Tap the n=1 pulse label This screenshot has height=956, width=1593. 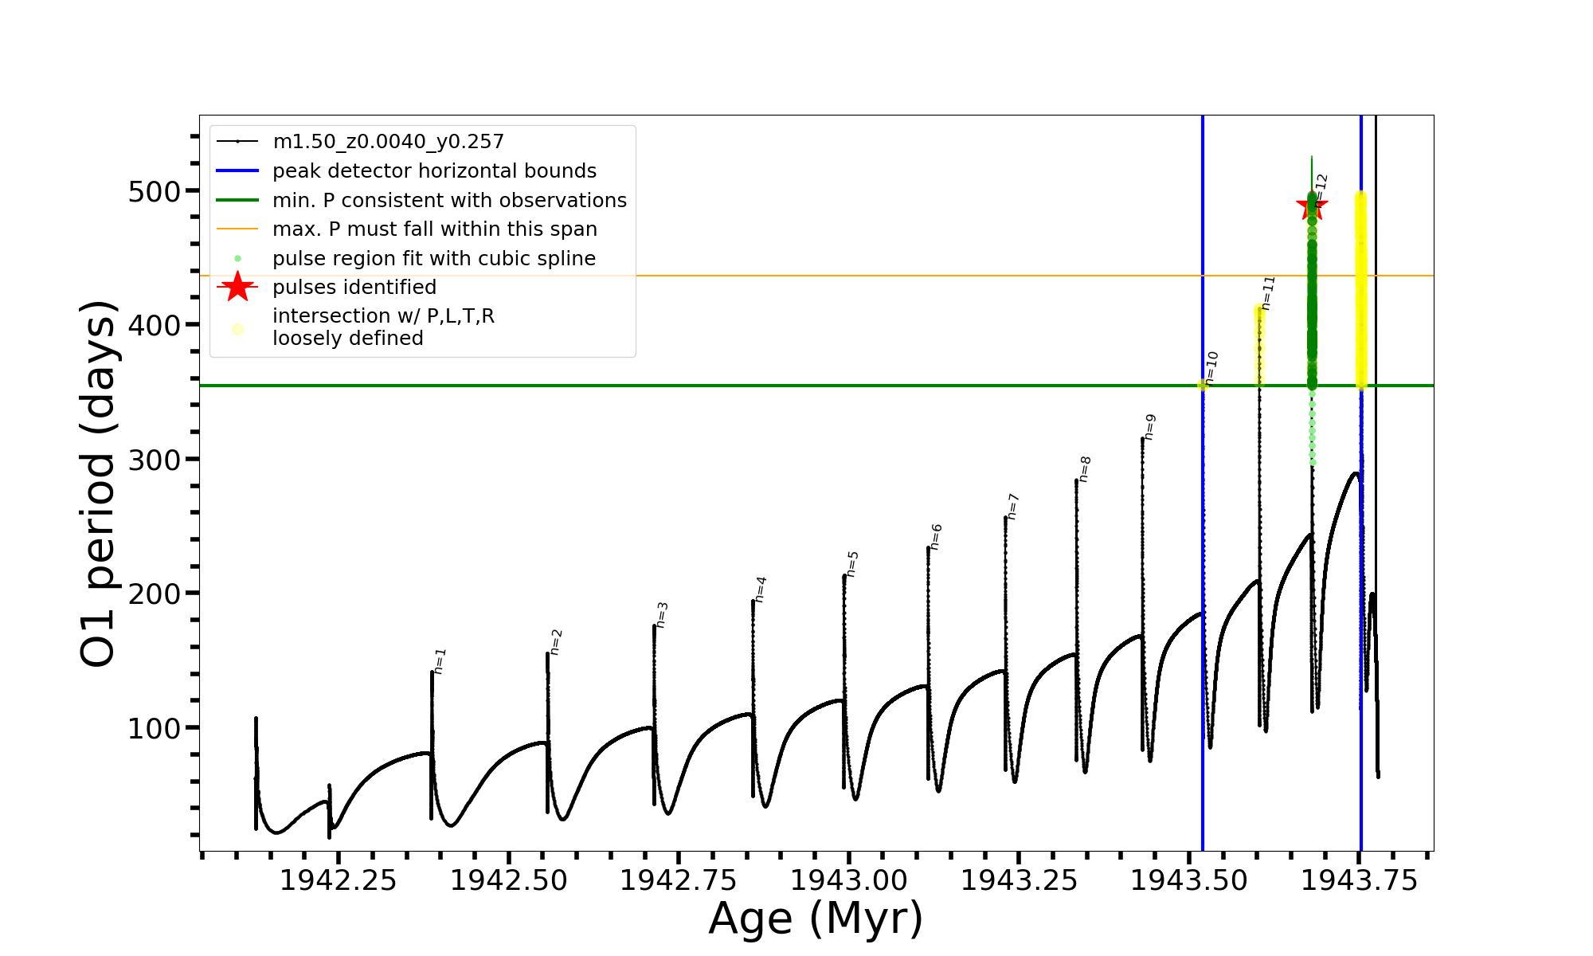coord(440,661)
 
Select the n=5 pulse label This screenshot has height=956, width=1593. coord(852,564)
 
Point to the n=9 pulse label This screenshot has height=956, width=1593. coord(1149,427)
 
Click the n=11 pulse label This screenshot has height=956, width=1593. coord(1268,293)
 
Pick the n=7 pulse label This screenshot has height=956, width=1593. coord(1013,507)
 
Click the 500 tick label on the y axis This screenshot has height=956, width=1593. coord(155,192)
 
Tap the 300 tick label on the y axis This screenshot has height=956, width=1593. coord(155,460)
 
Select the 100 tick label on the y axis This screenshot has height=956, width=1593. coord(155,728)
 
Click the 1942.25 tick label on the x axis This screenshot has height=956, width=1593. coord(339,880)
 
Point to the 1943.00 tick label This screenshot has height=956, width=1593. coord(849,880)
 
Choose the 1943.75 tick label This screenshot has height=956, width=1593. coord(1360,880)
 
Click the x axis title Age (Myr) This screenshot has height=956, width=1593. coord(816,919)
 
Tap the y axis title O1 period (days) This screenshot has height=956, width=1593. coord(99,484)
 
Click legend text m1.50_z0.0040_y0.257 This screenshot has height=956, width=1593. coord(388,142)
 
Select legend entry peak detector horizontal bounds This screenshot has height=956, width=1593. coord(434,171)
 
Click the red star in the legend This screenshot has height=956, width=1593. coord(237,287)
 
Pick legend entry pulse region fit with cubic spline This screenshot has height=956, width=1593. coord(434,259)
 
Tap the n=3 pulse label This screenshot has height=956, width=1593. coord(662,615)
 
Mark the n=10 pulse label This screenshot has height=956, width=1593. coord(1211,368)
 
